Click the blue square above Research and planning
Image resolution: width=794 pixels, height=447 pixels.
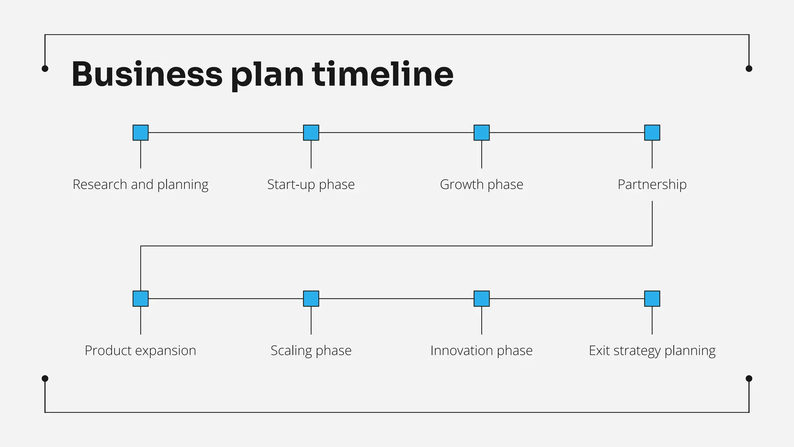click(x=140, y=133)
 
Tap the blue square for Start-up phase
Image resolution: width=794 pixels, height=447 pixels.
click(x=311, y=133)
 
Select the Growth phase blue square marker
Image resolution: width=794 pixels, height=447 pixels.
click(x=482, y=133)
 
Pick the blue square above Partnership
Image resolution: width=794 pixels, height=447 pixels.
click(x=652, y=133)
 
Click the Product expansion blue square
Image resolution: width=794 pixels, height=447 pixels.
click(x=140, y=299)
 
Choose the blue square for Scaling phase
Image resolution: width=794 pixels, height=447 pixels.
click(x=311, y=299)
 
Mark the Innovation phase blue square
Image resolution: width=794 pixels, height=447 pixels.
click(x=482, y=299)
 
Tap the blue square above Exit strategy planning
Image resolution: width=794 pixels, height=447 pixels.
click(x=652, y=299)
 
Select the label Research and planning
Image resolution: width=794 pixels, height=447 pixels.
click(x=140, y=184)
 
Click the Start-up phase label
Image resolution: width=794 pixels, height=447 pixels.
click(x=311, y=184)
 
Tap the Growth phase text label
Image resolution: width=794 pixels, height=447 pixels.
click(x=482, y=184)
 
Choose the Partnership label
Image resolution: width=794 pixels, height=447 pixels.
click(x=652, y=184)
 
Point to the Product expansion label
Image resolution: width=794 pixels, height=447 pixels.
click(x=140, y=350)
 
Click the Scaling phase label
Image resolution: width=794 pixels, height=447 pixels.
click(x=311, y=350)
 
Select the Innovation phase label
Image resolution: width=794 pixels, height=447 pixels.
click(x=482, y=350)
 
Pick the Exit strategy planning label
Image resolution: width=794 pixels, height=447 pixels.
click(x=652, y=350)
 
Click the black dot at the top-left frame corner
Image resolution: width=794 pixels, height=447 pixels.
click(x=45, y=69)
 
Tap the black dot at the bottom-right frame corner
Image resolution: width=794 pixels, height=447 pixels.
click(x=749, y=378)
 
